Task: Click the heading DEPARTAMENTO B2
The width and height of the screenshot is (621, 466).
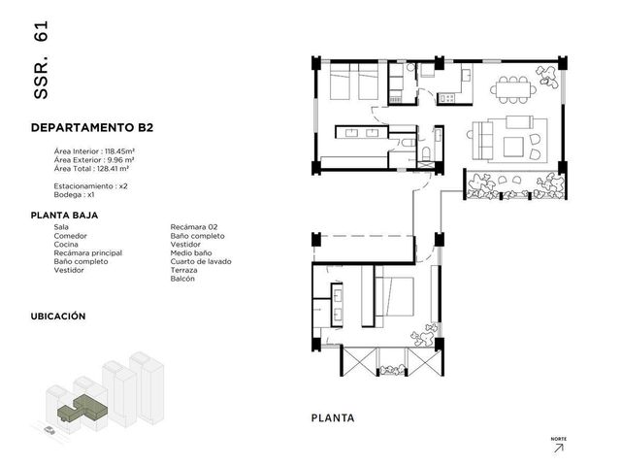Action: coord(92,127)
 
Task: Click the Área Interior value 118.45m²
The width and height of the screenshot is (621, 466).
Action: coord(120,151)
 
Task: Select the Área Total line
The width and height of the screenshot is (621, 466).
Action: coord(91,169)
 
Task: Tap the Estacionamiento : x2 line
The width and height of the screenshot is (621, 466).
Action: coord(90,186)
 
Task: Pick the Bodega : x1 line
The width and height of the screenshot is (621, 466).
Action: coord(74,195)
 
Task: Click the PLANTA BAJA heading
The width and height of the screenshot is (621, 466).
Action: coord(65,216)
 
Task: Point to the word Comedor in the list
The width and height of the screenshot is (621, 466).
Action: coord(70,236)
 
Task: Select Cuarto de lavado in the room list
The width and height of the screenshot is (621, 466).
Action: coord(201,262)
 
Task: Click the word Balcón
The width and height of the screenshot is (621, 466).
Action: coord(182,279)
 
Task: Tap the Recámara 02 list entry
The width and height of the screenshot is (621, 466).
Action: coord(194,227)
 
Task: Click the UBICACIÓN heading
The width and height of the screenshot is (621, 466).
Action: coord(58,316)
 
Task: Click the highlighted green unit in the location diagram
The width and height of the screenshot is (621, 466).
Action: coord(82,408)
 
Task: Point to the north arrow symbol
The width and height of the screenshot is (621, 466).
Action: coord(559,449)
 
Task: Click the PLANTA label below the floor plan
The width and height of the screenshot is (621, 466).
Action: coord(333,418)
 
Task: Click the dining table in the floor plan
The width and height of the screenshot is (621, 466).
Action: coord(513,90)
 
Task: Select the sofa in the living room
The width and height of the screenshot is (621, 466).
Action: coord(482,140)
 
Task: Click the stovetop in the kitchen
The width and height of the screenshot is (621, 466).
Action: coord(446,98)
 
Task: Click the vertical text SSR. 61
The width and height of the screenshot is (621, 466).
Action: coord(41,60)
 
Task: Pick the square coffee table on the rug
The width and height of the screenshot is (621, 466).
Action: coord(513,147)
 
